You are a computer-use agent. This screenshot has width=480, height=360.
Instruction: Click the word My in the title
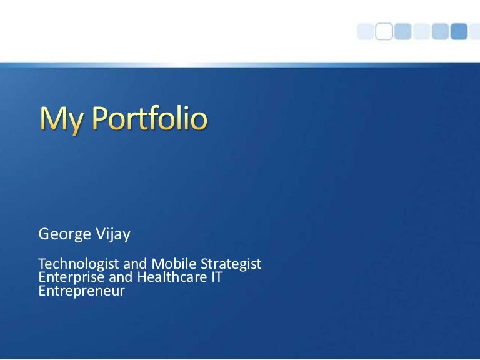61,121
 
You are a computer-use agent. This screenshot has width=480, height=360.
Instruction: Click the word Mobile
164,264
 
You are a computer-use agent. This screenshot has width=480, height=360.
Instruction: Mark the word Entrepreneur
82,291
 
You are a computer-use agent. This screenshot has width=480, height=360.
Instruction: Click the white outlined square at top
384,30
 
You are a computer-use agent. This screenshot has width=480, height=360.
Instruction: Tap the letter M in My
53,119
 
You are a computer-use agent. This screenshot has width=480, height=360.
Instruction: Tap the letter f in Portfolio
160,119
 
